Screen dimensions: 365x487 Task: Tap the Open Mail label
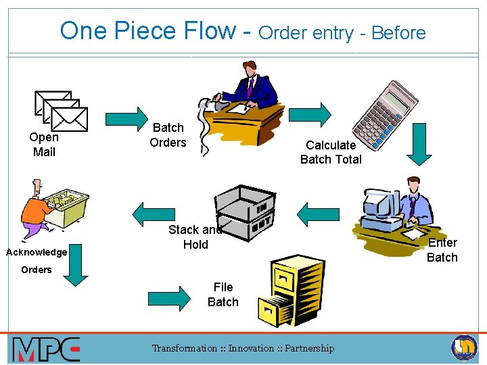click(x=44, y=145)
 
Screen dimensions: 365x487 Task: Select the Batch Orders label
click(x=168, y=135)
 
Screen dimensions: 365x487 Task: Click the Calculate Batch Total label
click(x=331, y=152)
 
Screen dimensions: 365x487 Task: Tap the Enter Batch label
click(x=442, y=250)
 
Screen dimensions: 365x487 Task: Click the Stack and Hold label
click(x=195, y=237)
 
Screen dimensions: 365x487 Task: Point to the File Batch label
click(x=223, y=295)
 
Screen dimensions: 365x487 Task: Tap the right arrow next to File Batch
click(x=169, y=297)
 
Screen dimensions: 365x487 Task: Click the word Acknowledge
click(x=37, y=252)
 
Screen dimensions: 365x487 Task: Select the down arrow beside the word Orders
click(x=75, y=268)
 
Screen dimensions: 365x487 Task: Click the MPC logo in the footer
click(x=46, y=349)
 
